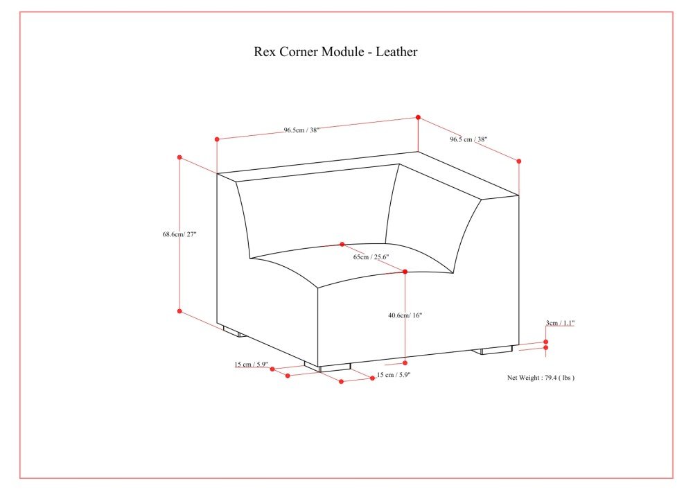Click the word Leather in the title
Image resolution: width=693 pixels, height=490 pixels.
396,52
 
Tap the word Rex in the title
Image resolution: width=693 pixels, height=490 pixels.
264,52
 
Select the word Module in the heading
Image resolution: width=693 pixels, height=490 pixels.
342,52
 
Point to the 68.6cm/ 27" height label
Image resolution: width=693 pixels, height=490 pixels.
179,234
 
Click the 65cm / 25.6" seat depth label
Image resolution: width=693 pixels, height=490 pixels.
371,256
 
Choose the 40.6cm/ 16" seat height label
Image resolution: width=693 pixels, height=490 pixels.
405,315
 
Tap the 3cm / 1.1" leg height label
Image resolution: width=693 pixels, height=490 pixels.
560,323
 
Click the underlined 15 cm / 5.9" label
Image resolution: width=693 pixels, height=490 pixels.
251,365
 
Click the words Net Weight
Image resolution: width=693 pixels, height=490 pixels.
524,378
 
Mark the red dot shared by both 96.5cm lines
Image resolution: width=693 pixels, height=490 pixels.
418,118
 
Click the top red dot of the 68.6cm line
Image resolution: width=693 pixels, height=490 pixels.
179,157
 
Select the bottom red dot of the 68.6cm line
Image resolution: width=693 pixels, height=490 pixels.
179,311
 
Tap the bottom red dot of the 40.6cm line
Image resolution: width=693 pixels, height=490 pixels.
405,362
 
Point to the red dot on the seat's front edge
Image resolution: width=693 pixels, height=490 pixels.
405,272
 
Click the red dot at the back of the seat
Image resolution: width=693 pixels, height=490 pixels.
342,245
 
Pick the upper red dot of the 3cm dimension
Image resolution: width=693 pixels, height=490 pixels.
546,342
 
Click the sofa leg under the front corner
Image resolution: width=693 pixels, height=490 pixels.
328,367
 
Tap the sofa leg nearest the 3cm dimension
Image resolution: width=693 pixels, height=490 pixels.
493,350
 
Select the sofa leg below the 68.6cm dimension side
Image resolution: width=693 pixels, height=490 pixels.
234,332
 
